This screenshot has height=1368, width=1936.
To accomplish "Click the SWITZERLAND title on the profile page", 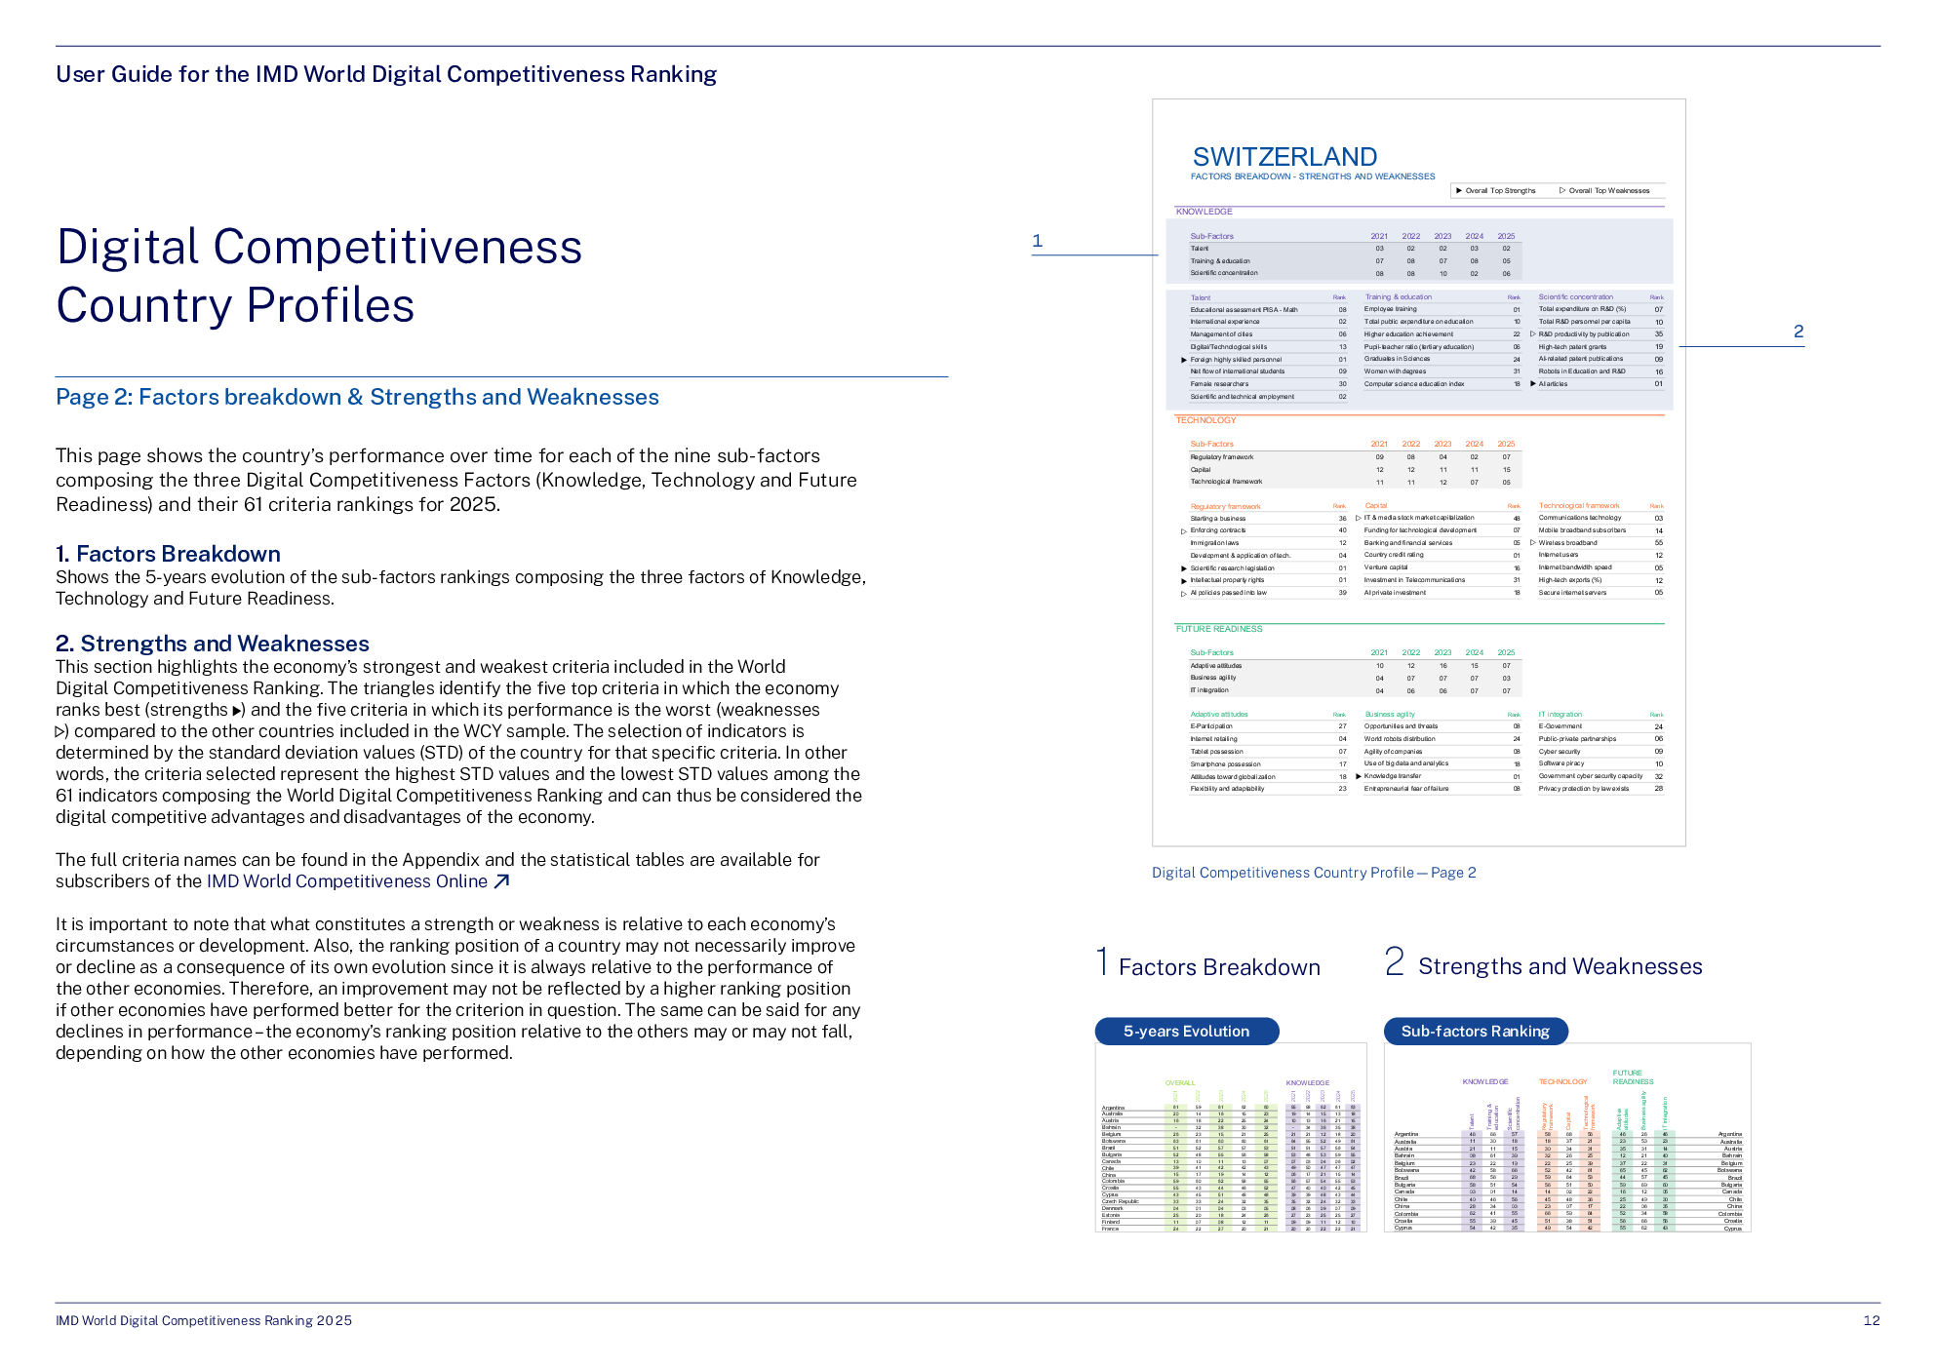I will [1284, 157].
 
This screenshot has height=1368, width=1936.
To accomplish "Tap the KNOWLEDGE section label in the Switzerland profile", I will [1204, 212].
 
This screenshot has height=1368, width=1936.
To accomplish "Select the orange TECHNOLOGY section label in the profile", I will [1205, 420].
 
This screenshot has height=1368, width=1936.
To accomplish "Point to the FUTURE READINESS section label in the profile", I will [1218, 629].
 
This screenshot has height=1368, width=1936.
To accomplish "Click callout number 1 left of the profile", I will [1037, 240].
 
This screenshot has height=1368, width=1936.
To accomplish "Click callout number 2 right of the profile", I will [1798, 332].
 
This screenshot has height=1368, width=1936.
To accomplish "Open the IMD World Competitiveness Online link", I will [346, 881].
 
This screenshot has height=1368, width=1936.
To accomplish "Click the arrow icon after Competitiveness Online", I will [502, 881].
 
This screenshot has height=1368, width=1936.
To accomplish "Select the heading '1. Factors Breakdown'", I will [168, 554].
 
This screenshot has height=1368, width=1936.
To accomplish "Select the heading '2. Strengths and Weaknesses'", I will [213, 644].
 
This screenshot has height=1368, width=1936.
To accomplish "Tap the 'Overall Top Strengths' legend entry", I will [1499, 191].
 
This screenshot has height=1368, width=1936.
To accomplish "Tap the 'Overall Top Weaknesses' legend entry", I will [1608, 191].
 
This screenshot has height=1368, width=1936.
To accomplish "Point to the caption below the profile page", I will [1313, 873].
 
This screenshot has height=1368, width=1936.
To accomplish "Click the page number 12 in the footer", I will [1871, 1320].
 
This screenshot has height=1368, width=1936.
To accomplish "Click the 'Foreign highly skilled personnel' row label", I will [1235, 360].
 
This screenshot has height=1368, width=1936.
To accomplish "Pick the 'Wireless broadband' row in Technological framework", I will [1567, 543].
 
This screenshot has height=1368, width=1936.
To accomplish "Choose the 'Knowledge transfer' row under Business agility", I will [1392, 776].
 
